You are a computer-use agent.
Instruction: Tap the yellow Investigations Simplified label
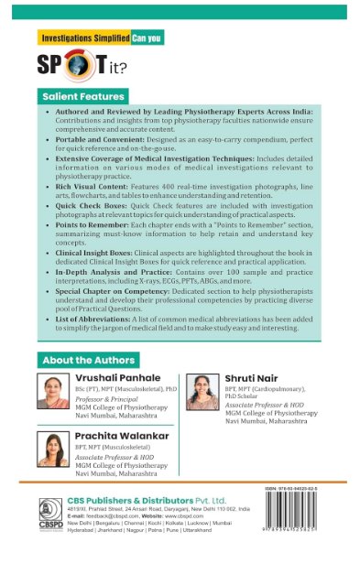83,39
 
